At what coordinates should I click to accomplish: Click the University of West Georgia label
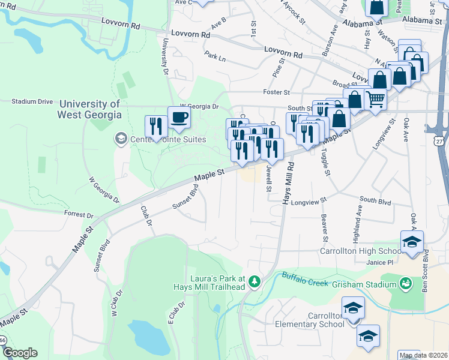coord(89,109)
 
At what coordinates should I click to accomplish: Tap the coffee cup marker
coord(179,117)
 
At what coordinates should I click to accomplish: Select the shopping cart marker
coord(375,98)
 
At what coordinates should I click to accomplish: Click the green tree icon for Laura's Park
coord(255,281)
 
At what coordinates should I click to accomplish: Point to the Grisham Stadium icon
coord(406,282)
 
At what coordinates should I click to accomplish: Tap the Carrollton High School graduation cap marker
coord(412,242)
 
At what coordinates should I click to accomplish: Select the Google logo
coord(20,352)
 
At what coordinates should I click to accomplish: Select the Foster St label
coord(276,92)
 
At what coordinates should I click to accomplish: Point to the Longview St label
coord(308,203)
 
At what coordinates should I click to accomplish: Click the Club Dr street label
coord(145,216)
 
